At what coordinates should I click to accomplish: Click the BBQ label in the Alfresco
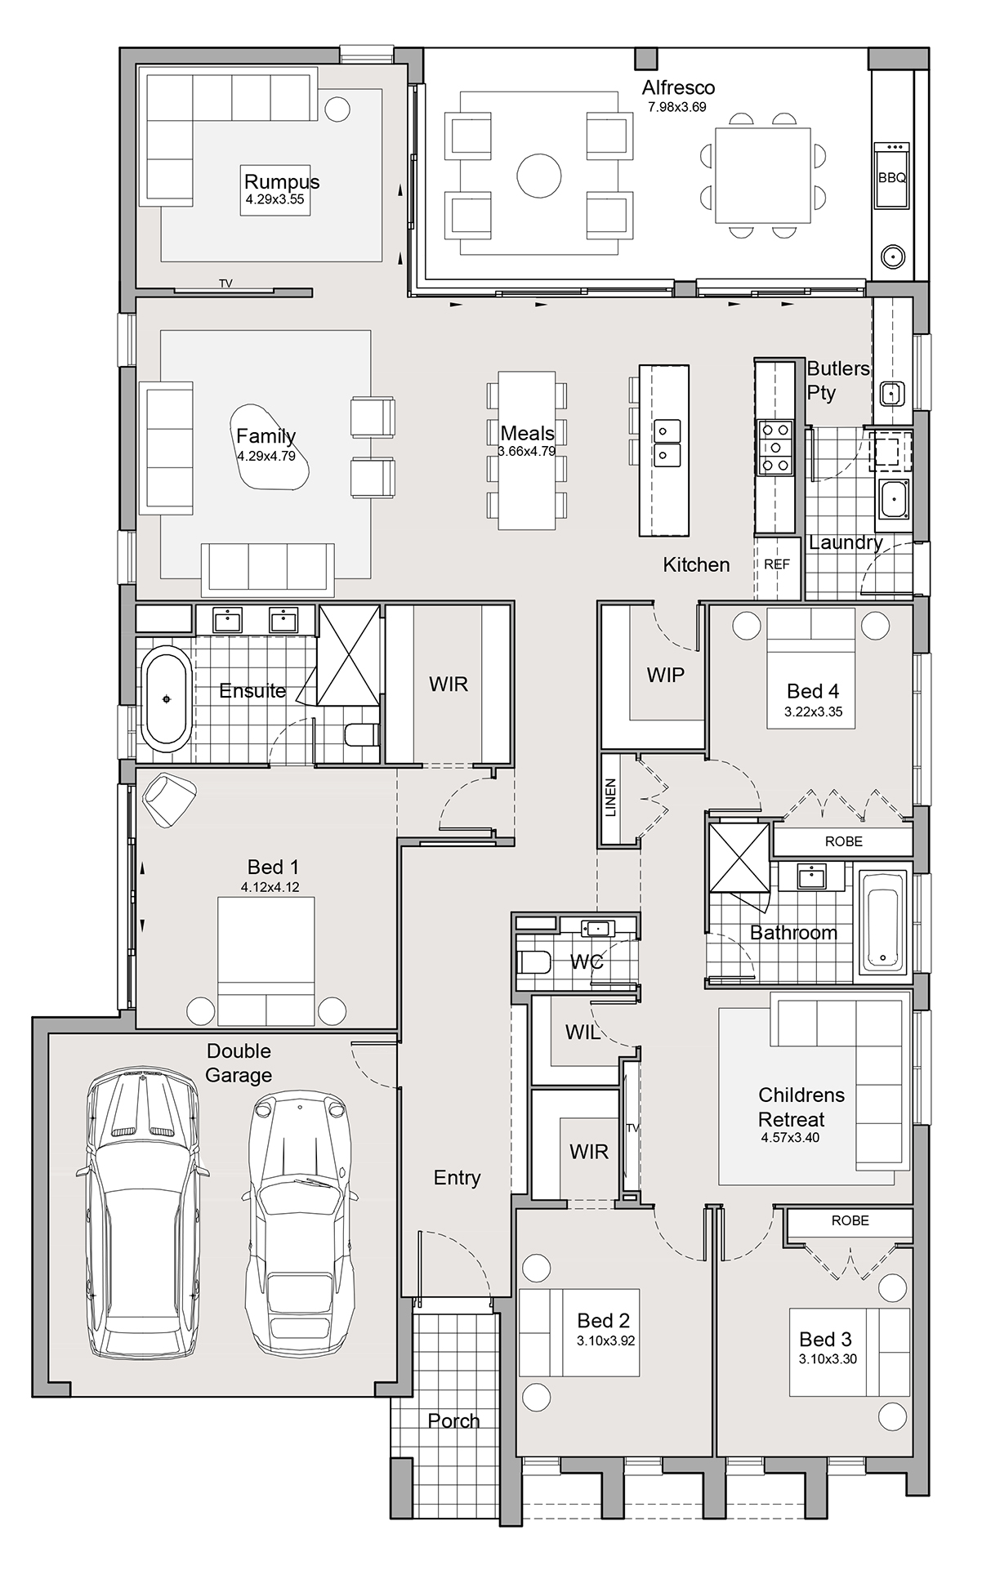(892, 177)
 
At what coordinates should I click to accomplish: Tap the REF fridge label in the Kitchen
(777, 564)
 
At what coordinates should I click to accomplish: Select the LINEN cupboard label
(611, 798)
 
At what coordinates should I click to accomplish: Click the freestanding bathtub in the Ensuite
(167, 698)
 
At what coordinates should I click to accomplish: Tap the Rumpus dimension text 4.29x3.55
(275, 199)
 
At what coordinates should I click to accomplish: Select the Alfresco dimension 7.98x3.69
(677, 107)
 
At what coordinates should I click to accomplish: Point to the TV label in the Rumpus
(225, 283)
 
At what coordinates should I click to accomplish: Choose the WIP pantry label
(666, 675)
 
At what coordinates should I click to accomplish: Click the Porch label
(453, 1421)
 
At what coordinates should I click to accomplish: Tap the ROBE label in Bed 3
(850, 1220)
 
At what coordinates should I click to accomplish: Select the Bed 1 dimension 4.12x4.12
(270, 887)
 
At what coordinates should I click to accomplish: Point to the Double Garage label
(239, 1063)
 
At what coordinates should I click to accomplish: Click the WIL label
(583, 1033)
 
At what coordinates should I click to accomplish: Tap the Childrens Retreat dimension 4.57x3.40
(790, 1137)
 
